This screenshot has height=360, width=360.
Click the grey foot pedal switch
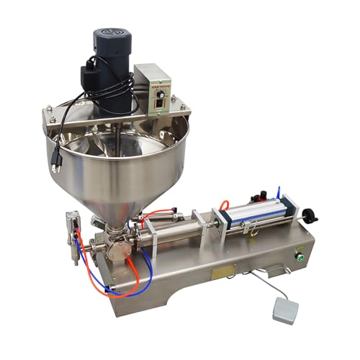[285, 310]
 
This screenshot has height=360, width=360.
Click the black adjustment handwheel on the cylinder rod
[309, 215]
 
